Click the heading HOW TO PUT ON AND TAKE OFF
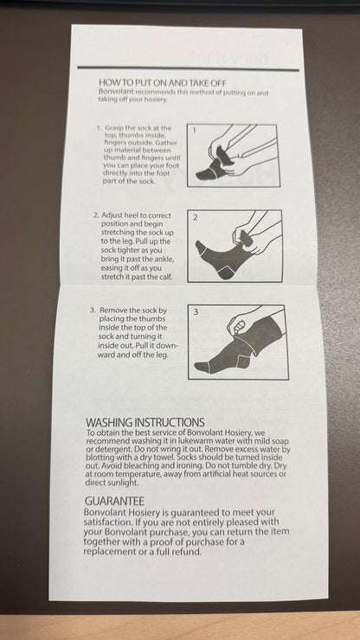pyautogui.click(x=163, y=83)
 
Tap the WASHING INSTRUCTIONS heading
pyautogui.click(x=145, y=422)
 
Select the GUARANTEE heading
pyautogui.click(x=114, y=501)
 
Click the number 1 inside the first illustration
pyautogui.click(x=194, y=131)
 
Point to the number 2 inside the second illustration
pyautogui.click(x=196, y=218)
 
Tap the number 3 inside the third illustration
pyautogui.click(x=196, y=312)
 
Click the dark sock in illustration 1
pyautogui.click(x=213, y=165)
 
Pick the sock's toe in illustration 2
pyautogui.click(x=201, y=247)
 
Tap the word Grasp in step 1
pyautogui.click(x=113, y=128)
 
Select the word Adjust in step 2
pyautogui.click(x=110, y=215)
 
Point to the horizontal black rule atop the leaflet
pyautogui.click(x=188, y=68)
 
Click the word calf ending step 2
pyautogui.click(x=165, y=277)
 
